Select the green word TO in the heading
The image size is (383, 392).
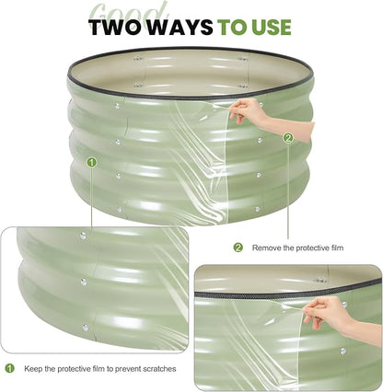[x=232, y=27]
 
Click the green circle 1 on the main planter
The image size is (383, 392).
[x=92, y=162]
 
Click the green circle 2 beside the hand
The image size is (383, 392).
[x=287, y=138]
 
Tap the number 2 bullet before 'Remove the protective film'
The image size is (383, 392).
[x=238, y=248]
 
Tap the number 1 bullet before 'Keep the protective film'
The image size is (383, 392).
[x=10, y=368]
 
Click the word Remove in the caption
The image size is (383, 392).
[x=266, y=248]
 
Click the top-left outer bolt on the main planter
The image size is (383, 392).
[x=117, y=106]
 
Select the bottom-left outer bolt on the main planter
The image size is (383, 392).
[x=120, y=210]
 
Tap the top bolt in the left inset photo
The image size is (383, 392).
[x=83, y=236]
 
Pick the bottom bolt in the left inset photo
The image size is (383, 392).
[x=86, y=328]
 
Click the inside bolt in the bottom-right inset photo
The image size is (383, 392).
[x=321, y=280]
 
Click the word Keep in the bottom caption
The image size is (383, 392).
[x=33, y=368]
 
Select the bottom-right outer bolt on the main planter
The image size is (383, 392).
[x=258, y=210]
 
